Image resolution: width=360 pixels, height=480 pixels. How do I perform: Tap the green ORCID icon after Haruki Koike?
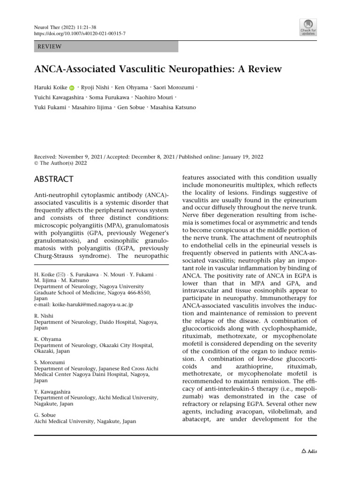coord(72,88)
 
